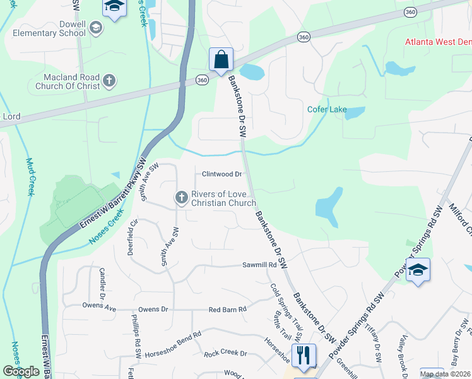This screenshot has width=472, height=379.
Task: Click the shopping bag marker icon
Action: tap(221, 60)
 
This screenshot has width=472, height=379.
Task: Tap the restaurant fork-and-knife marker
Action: tap(304, 355)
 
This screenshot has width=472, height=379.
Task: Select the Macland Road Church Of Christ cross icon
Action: tap(109, 80)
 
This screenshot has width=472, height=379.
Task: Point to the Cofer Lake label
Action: tap(326, 109)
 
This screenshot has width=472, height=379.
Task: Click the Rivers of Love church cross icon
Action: tap(181, 198)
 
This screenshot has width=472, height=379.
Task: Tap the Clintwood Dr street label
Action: tap(222, 174)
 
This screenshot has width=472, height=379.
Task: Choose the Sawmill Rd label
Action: tap(260, 265)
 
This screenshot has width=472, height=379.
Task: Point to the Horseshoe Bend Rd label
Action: tap(170, 335)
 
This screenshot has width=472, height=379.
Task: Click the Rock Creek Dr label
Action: tap(225, 354)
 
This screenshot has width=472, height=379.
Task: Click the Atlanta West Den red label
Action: tap(438, 42)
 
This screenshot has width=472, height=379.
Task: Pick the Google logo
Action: tap(21, 371)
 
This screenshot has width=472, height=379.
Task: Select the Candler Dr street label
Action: tap(102, 284)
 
